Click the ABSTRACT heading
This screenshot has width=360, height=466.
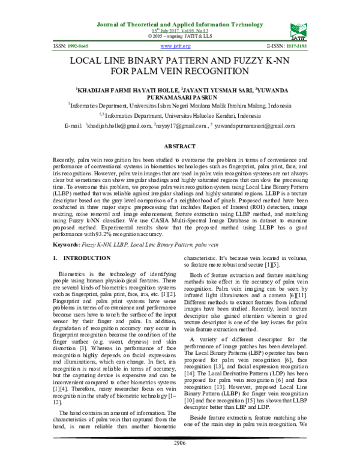point(180,146)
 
